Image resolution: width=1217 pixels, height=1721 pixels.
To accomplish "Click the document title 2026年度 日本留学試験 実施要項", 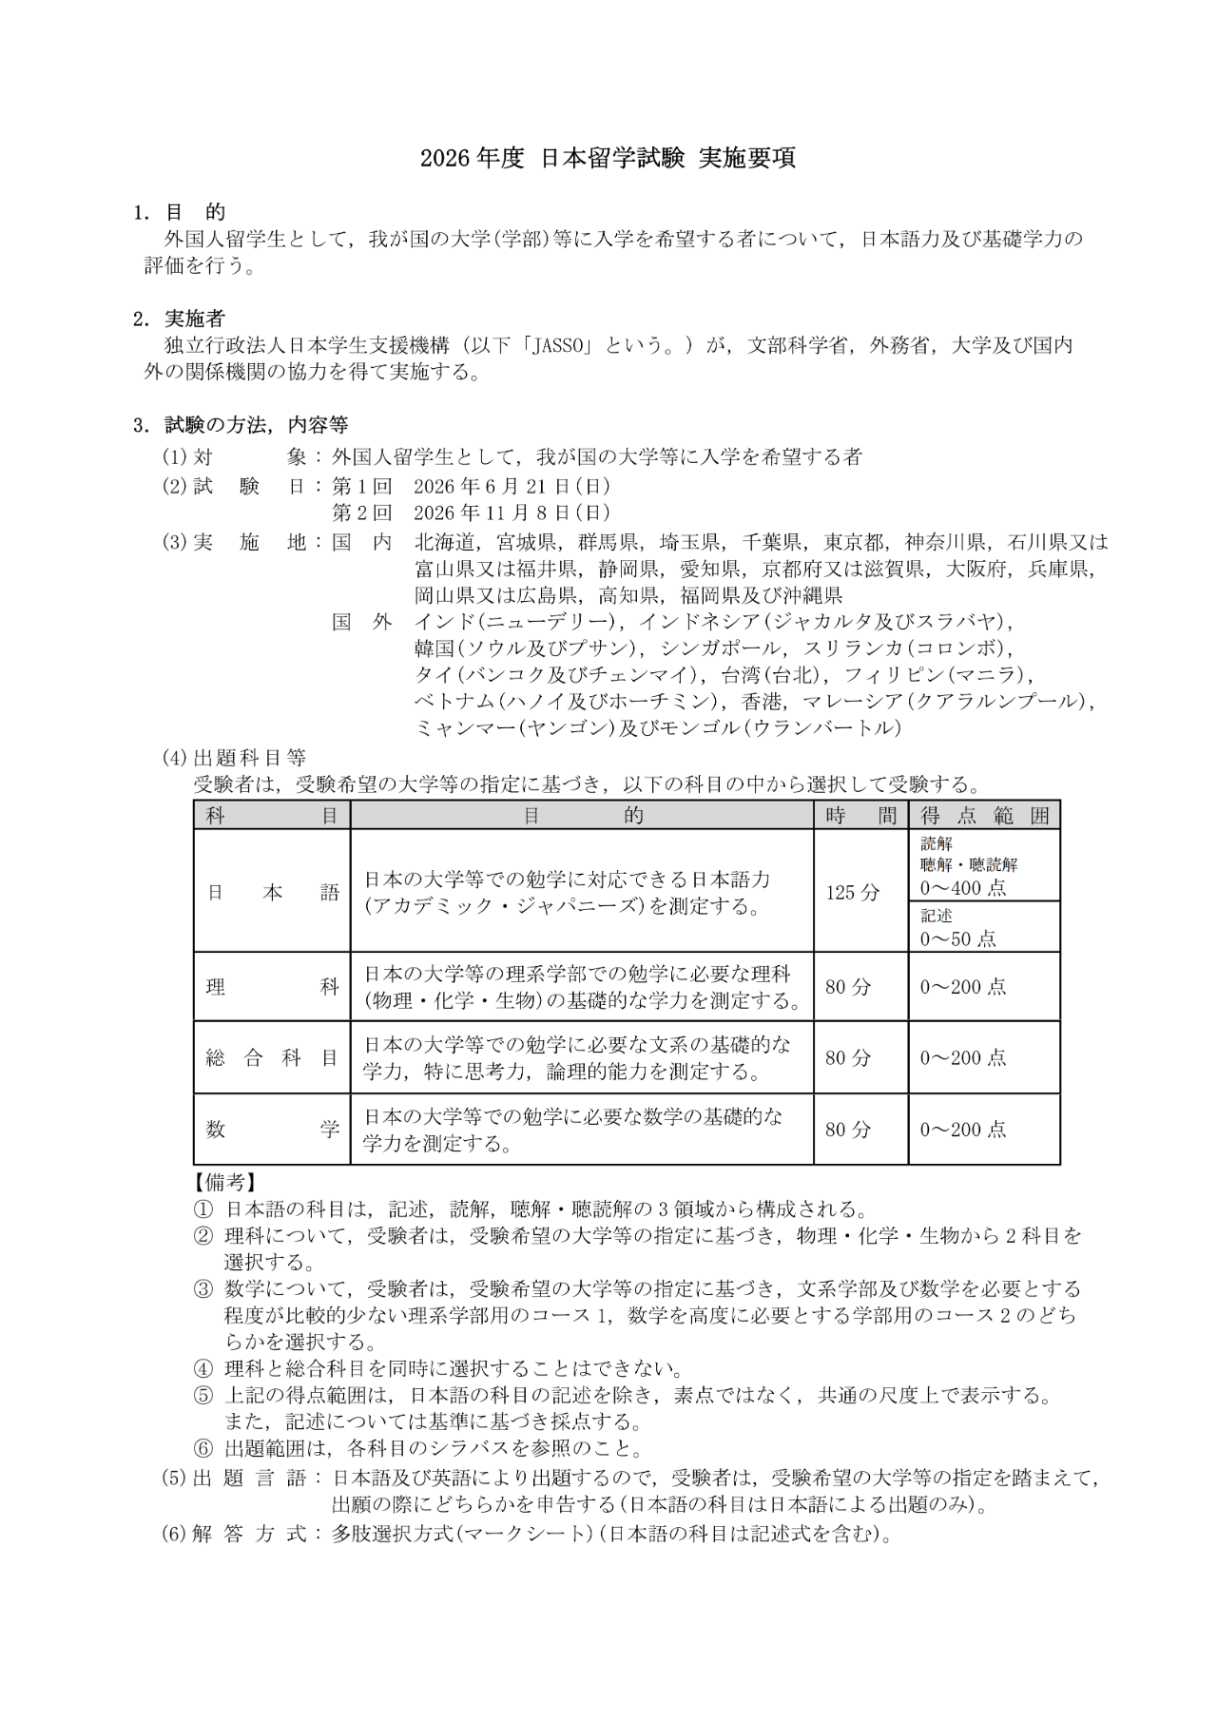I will pyautogui.click(x=608, y=159).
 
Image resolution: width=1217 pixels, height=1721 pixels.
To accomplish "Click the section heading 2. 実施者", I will pyautogui.click(x=180, y=319).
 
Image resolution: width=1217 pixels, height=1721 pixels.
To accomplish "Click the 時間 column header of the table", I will pyautogui.click(x=860, y=815).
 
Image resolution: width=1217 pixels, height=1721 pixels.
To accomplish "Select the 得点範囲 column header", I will pyautogui.click(x=984, y=815).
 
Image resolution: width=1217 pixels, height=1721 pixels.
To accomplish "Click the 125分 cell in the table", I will pyautogui.click(x=853, y=892).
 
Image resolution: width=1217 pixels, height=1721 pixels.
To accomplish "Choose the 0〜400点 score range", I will pyautogui.click(x=962, y=888).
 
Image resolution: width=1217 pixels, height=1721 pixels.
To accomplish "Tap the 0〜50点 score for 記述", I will pyautogui.click(x=957, y=938).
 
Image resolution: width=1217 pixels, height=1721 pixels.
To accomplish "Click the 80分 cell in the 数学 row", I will pyautogui.click(x=848, y=1130).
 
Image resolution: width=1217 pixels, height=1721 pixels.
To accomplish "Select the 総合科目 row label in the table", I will pyautogui.click(x=272, y=1057).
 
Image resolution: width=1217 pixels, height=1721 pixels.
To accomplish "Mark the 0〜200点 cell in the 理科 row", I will pyautogui.click(x=962, y=987).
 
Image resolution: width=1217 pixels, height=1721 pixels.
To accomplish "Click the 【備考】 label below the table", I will pyautogui.click(x=225, y=1182).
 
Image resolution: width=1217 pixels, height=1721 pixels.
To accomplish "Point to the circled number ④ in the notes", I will pyautogui.click(x=203, y=1369).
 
